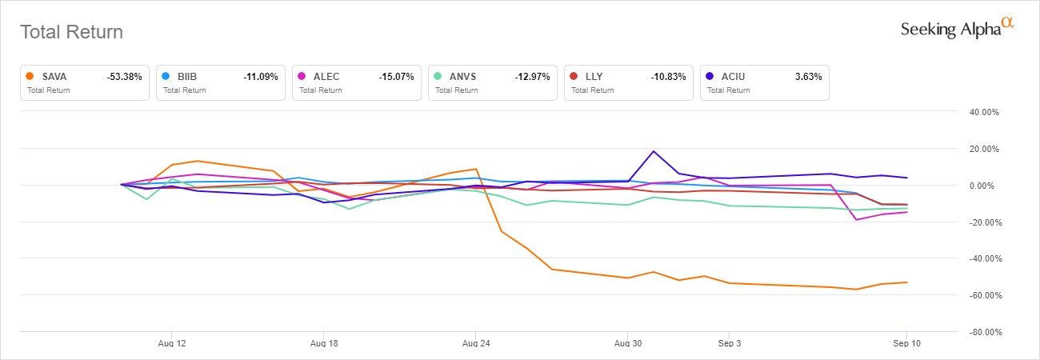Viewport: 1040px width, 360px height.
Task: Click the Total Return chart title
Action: point(71,32)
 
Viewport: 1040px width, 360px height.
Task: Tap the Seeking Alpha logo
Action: point(957,29)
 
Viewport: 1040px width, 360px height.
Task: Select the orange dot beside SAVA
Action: point(30,77)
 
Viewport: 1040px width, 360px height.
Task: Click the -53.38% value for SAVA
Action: point(124,77)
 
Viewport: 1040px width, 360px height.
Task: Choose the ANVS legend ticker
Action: point(461,77)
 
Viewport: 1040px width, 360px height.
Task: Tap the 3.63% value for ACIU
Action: point(809,77)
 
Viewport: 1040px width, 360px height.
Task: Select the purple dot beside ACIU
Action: point(710,77)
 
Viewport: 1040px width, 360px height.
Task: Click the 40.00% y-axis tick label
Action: point(984,112)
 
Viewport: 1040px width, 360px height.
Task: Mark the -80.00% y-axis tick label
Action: point(983,332)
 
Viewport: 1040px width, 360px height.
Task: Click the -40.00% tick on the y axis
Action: point(983,258)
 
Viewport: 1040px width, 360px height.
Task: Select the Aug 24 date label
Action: point(475,343)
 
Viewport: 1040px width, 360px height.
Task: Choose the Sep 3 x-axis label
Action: point(729,343)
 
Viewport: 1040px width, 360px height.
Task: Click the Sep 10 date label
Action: point(906,343)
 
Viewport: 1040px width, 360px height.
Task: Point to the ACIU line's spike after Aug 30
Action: point(654,151)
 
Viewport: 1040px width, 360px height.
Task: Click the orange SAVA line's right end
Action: point(906,282)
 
